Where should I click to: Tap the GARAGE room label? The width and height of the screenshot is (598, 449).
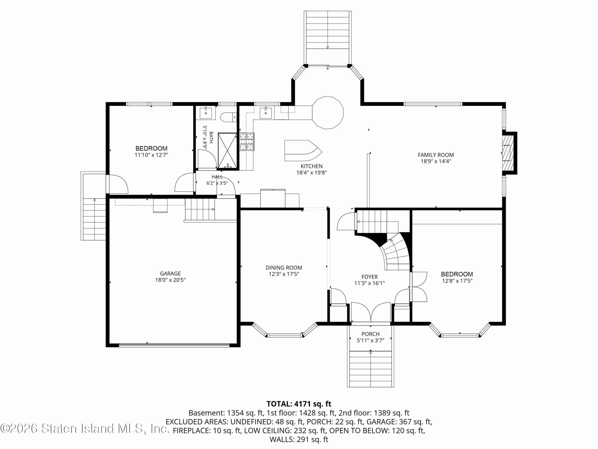(170, 273)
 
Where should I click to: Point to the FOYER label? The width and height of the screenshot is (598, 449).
(370, 277)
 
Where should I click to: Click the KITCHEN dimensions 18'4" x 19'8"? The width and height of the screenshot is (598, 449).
(312, 173)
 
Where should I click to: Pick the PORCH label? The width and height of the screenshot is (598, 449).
(371, 334)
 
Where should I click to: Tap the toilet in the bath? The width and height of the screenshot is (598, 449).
(228, 117)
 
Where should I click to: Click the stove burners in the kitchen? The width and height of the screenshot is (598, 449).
(247, 141)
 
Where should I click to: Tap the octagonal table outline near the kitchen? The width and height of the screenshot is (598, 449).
(328, 112)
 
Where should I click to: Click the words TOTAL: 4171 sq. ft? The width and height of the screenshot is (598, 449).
(299, 404)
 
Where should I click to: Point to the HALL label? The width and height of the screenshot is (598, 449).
(217, 177)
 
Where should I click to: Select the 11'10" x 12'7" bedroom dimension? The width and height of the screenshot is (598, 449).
(151, 155)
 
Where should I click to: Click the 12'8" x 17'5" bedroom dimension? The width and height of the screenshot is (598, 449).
(457, 281)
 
